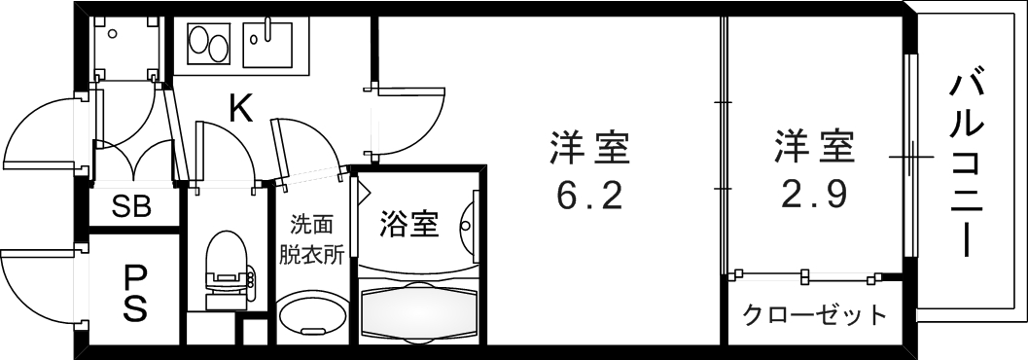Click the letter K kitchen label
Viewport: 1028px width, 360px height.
click(240, 109)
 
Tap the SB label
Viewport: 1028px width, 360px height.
click(131, 207)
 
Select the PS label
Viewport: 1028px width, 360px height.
click(135, 293)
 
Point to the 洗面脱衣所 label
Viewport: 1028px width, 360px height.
click(311, 240)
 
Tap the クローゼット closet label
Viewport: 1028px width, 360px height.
click(815, 314)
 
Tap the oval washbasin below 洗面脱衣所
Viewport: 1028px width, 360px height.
click(311, 316)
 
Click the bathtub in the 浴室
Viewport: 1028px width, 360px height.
click(420, 310)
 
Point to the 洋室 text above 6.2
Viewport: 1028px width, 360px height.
click(589, 149)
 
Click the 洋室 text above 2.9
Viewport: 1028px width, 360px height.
click(814, 149)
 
